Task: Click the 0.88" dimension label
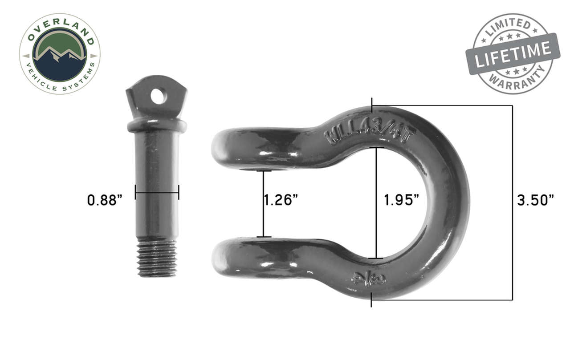[x=105, y=200]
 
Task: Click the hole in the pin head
[x=158, y=96]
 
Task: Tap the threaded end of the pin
[x=157, y=257]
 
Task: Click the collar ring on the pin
[x=157, y=125]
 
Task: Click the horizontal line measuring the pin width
[x=157, y=193]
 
